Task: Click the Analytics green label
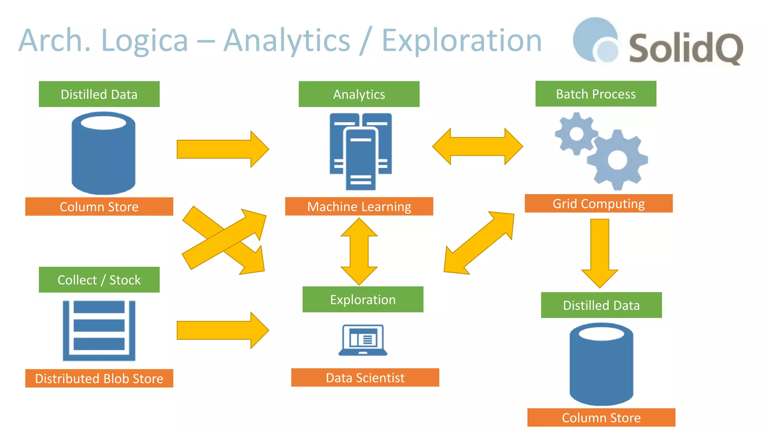click(359, 94)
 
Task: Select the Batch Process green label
click(595, 94)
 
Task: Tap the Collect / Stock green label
click(99, 280)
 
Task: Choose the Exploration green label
click(362, 300)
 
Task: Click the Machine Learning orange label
click(359, 207)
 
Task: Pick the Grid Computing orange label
click(598, 204)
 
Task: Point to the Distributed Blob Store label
click(99, 378)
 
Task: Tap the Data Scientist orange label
click(365, 377)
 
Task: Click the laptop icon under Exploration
click(362, 340)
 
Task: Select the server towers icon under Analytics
click(361, 152)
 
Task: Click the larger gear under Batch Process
click(617, 160)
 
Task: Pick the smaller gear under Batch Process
click(576, 134)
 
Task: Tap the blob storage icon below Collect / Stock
click(99, 331)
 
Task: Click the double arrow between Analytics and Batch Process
click(478, 147)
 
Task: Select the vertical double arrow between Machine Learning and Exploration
click(359, 251)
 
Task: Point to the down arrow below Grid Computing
click(600, 253)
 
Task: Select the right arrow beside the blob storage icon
click(223, 330)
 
